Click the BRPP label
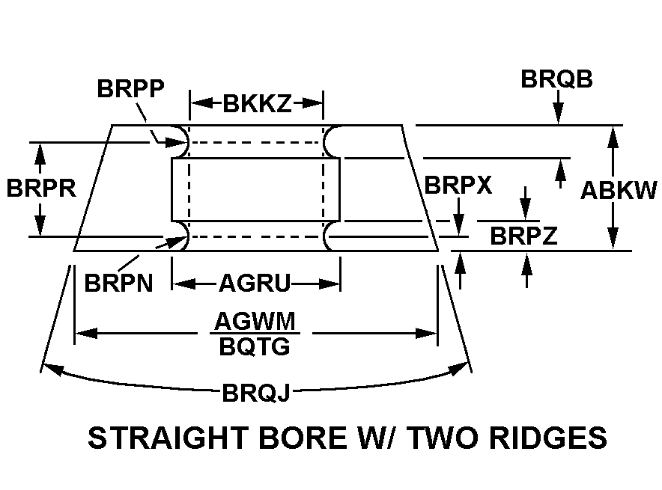[x=132, y=88]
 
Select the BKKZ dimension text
[x=257, y=104]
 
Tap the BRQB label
[x=556, y=79]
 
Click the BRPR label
[x=42, y=188]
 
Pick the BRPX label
[x=458, y=186]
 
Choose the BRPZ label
[x=523, y=236]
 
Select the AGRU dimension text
[x=255, y=284]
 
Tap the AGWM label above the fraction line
[x=256, y=322]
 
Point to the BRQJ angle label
[x=255, y=393]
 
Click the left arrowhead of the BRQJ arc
[x=48, y=366]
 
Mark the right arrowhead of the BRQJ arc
[x=464, y=367]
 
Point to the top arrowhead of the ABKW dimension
[x=613, y=133]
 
